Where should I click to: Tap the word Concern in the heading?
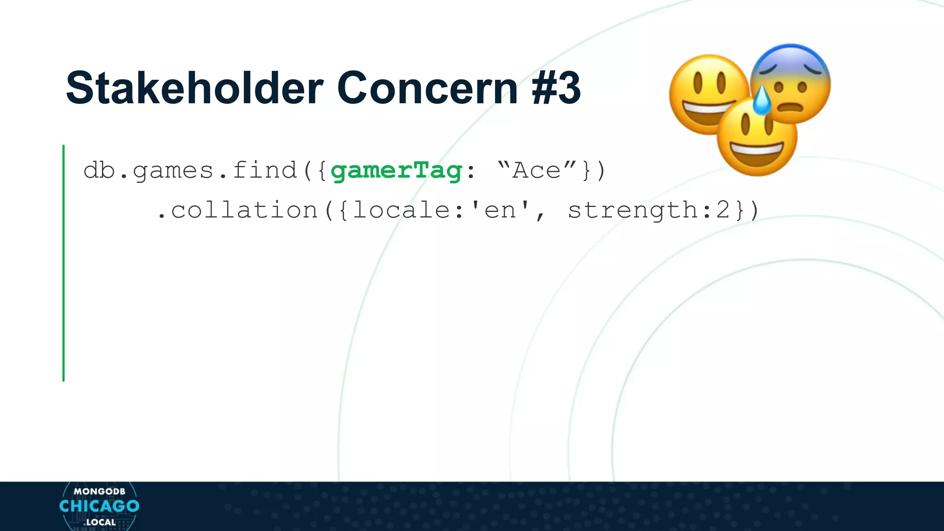point(427,88)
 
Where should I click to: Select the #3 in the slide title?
point(556,88)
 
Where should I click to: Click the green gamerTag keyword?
point(396,171)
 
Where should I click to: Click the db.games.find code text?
point(190,170)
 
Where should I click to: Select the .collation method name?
point(237,210)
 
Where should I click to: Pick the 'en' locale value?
point(500,210)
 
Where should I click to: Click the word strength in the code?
point(632,210)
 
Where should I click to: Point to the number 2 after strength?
point(722,210)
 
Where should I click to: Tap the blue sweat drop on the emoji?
point(761,100)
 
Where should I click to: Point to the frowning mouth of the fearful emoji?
point(791,108)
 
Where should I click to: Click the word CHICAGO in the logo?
point(99,506)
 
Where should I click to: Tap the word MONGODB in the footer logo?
point(99,491)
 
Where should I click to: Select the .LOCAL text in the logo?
point(100,522)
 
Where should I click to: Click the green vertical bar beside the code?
point(64,263)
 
